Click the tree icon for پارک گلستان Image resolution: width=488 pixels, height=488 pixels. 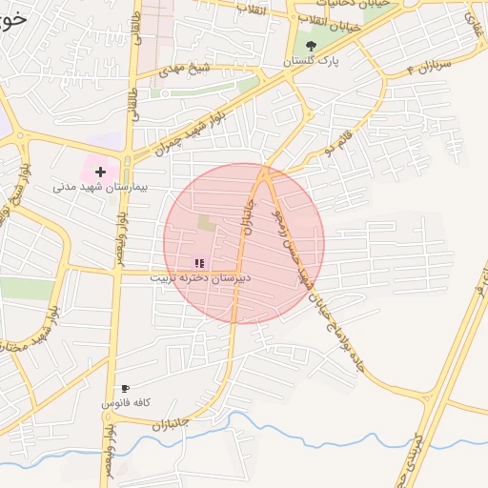coord(309,45)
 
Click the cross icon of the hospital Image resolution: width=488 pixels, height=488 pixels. coord(99,172)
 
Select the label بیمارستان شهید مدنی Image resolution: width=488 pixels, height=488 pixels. coord(98,187)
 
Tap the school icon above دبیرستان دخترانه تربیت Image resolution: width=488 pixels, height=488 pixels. coord(199,263)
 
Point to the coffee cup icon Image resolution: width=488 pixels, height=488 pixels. coord(124,389)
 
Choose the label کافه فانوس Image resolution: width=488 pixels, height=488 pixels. coord(128,403)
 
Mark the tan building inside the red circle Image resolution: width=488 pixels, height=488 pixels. coord(206,223)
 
